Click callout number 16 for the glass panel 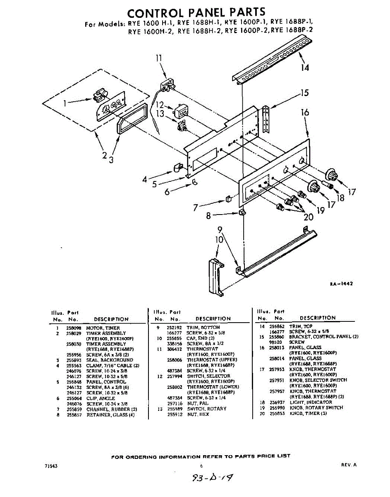[305, 112]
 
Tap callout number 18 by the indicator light [340, 198]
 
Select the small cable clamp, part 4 [177, 167]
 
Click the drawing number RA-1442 [341, 284]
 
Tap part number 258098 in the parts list [73, 328]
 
